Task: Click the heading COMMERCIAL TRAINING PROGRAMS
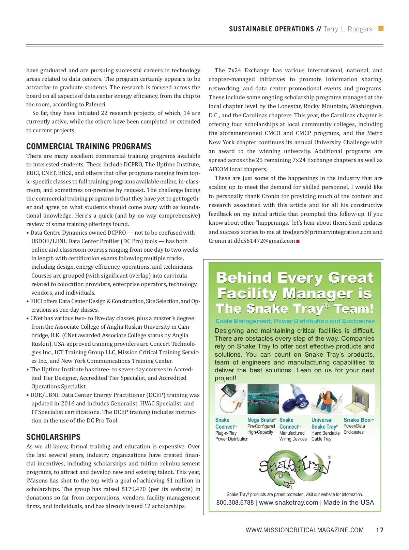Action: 89,147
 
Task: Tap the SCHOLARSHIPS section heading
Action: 54,437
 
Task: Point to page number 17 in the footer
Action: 380,530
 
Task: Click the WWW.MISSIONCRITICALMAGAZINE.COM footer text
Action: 304,530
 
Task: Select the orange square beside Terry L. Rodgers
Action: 381,29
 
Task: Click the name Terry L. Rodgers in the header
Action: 348,29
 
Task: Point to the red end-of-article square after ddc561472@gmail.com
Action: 298,241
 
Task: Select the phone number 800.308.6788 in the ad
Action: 235,503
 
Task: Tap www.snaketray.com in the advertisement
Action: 288,503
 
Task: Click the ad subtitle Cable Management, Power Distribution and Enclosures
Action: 295,321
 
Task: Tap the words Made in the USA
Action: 348,503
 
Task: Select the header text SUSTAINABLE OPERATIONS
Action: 271,29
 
